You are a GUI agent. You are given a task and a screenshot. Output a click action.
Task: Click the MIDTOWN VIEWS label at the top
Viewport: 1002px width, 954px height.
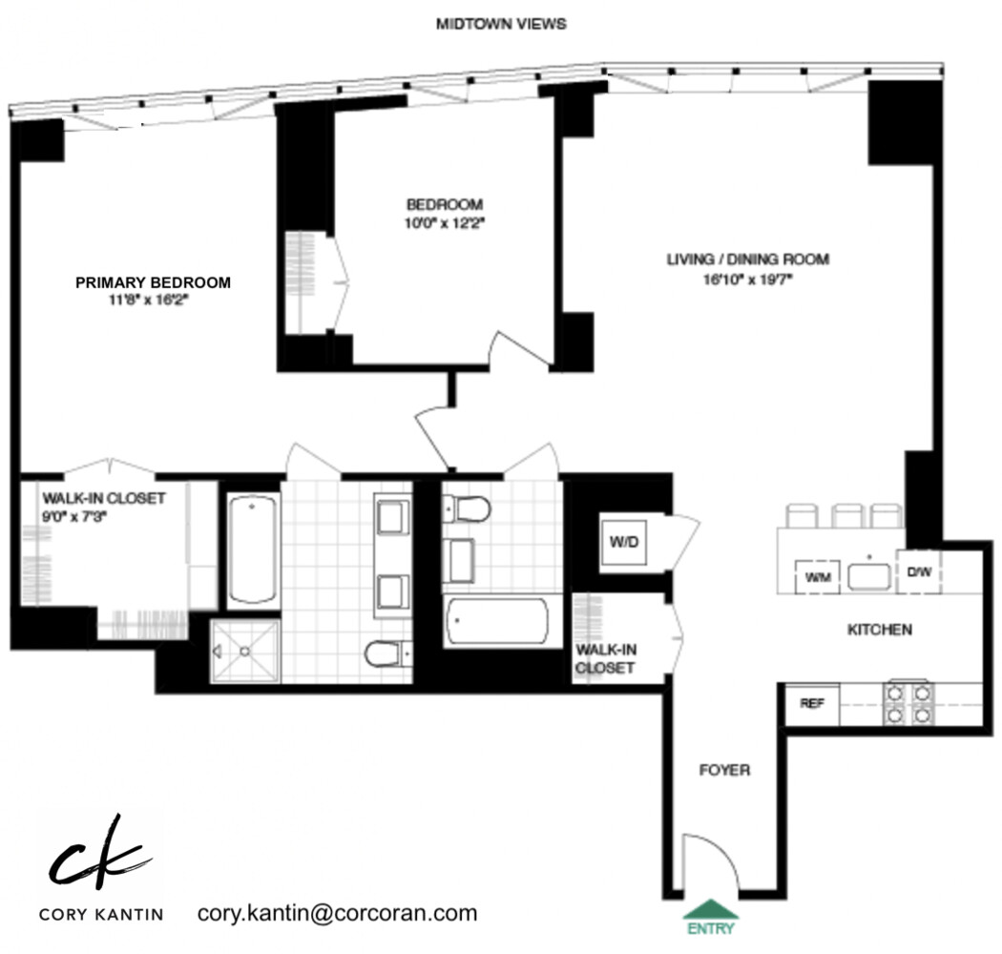coord(500,24)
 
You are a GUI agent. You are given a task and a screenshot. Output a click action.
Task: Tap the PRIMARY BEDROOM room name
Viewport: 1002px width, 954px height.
coord(153,282)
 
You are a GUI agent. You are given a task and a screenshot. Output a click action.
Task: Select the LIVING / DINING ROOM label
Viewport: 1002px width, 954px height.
coord(747,259)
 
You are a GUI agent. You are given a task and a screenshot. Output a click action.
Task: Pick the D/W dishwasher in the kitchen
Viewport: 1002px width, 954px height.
coord(918,573)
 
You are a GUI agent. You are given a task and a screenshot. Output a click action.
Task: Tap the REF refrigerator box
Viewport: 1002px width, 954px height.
coord(811,704)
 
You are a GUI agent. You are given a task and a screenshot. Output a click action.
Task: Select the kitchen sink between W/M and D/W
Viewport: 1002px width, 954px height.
coord(867,576)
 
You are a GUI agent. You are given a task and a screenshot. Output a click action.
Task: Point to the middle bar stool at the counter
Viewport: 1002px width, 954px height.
coord(847,516)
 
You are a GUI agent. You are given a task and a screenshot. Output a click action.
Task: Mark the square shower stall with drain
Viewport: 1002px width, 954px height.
coord(244,651)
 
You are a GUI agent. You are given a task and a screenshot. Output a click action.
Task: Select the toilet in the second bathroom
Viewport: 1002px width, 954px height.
coord(467,508)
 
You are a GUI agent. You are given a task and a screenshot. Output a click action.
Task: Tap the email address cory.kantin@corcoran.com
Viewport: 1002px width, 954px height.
coord(337,913)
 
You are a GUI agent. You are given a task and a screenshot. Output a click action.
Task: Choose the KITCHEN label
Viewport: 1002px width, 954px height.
coord(880,630)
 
